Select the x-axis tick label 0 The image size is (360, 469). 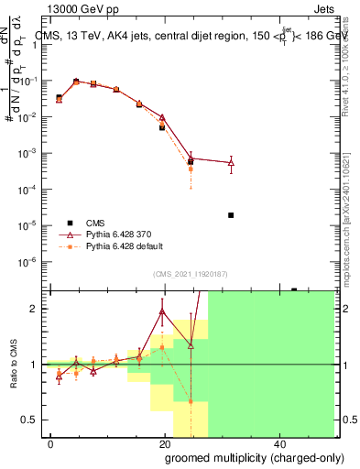coord(50,443)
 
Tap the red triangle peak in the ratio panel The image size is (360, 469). coord(162,311)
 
